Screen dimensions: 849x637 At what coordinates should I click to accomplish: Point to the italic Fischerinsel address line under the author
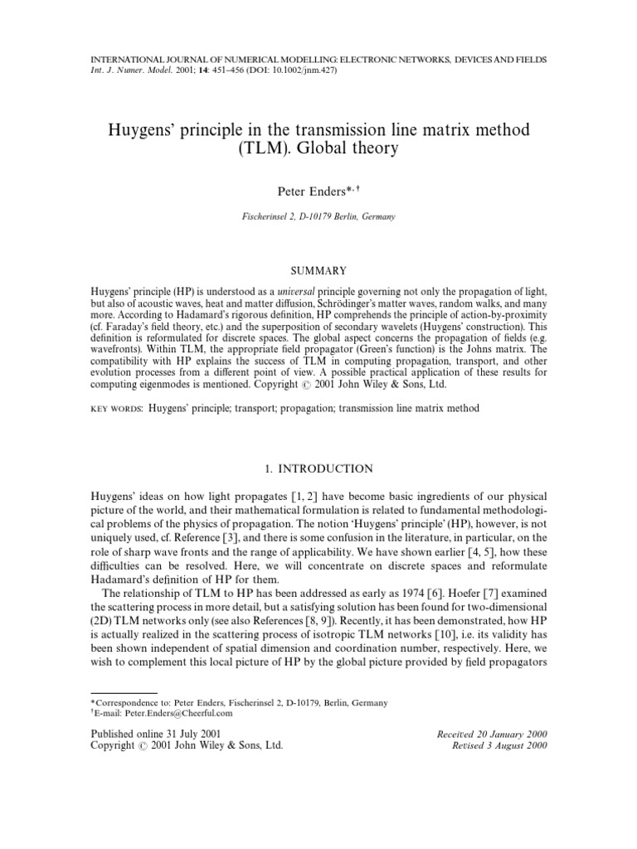click(318, 217)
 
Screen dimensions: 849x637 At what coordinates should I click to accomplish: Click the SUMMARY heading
click(318, 270)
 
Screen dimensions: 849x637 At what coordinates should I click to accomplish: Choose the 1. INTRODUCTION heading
click(318, 468)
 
